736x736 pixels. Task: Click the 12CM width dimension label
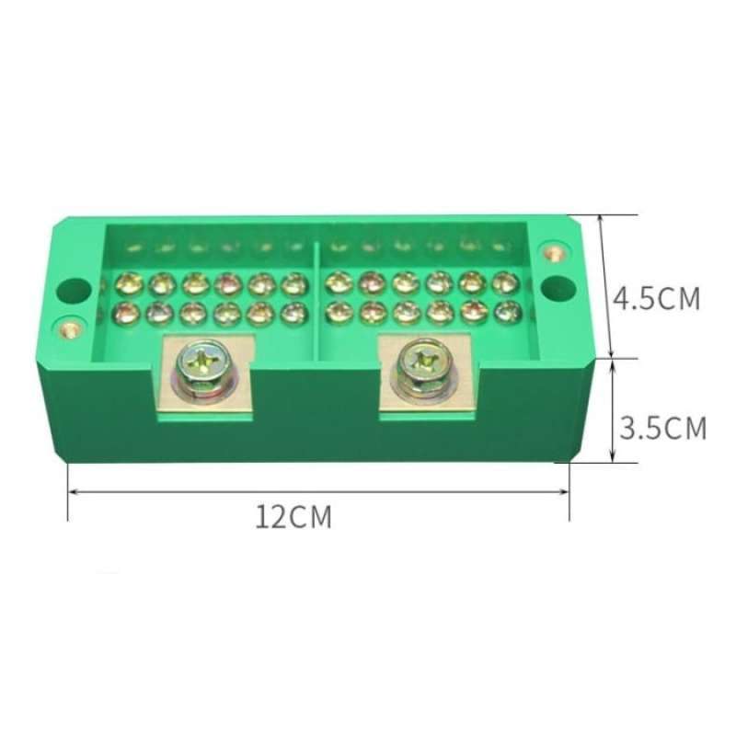click(x=293, y=517)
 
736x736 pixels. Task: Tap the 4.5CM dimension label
click(x=658, y=298)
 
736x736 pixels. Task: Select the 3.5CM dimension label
click(x=661, y=429)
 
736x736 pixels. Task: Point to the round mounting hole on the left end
click(x=70, y=290)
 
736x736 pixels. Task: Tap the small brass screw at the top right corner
click(x=552, y=251)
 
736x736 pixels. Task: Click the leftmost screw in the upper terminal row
click(x=128, y=283)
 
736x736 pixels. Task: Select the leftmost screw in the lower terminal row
click(x=125, y=313)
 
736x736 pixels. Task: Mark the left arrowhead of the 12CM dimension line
click(x=70, y=491)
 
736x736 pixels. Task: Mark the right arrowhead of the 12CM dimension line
click(x=568, y=491)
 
